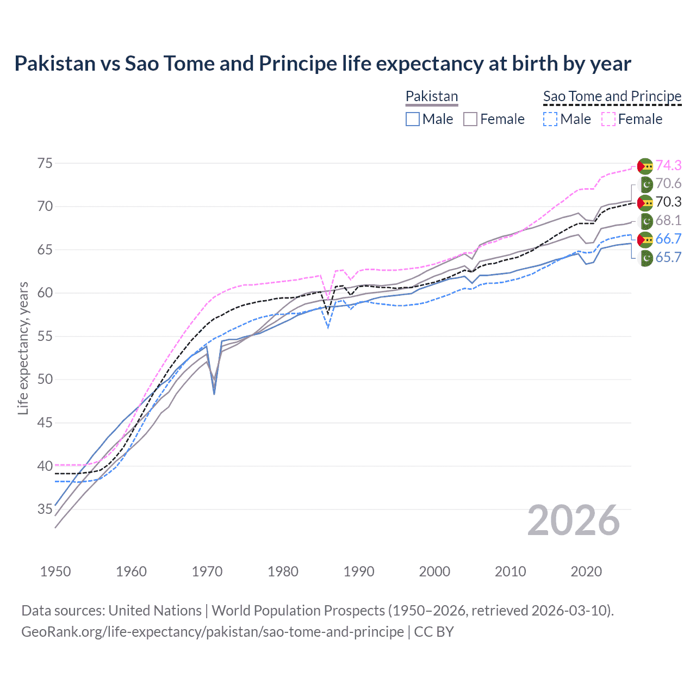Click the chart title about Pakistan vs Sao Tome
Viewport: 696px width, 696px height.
click(x=322, y=64)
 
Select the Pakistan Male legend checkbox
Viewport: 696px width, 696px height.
click(x=413, y=119)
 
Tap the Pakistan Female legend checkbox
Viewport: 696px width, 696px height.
click(x=470, y=119)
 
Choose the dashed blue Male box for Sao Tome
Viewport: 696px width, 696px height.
click(x=550, y=119)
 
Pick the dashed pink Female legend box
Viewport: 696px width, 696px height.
click(x=608, y=119)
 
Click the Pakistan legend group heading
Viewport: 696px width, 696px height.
click(x=432, y=96)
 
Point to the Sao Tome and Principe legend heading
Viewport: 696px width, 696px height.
click(x=612, y=96)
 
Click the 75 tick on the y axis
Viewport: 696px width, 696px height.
click(x=45, y=163)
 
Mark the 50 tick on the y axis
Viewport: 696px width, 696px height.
click(x=45, y=379)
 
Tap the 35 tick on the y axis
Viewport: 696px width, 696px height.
click(x=45, y=509)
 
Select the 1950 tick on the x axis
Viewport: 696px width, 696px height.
click(x=55, y=571)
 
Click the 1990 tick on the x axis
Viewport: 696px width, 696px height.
click(x=359, y=571)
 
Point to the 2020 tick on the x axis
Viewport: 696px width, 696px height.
click(x=586, y=571)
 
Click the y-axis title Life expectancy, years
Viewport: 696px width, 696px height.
click(x=23, y=348)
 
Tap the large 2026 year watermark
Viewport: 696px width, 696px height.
click(x=573, y=520)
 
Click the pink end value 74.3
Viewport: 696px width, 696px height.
click(x=668, y=165)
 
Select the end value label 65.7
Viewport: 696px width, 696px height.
click(x=668, y=257)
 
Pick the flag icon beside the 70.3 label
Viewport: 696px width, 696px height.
click(x=645, y=202)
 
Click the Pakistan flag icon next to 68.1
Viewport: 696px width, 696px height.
click(x=645, y=221)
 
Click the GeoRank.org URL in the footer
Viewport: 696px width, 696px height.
click(x=212, y=632)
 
